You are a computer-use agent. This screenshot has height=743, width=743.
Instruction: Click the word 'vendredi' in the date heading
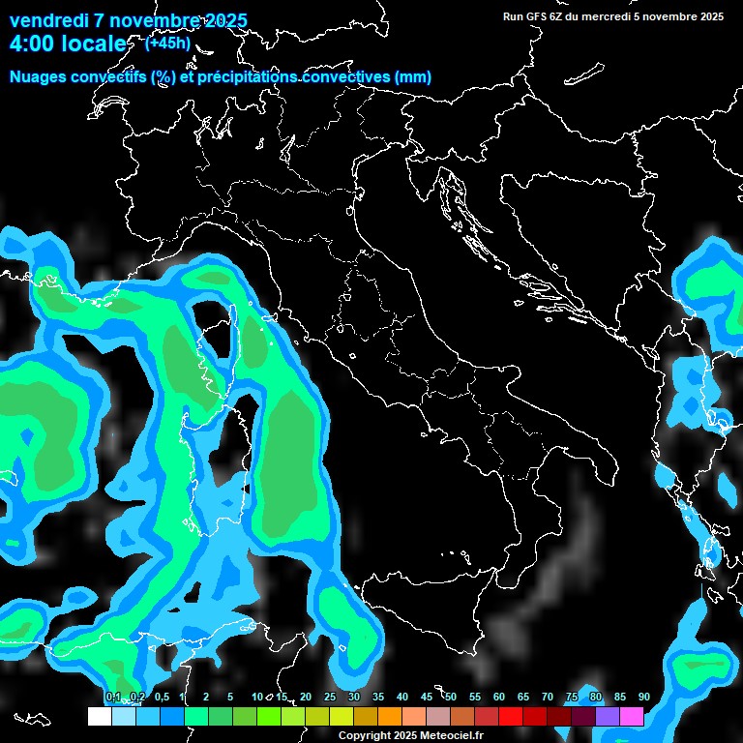pos(49,20)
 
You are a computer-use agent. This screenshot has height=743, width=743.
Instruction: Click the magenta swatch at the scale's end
pos(632,717)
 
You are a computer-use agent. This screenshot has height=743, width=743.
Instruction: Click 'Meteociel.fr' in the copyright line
pos(452,736)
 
